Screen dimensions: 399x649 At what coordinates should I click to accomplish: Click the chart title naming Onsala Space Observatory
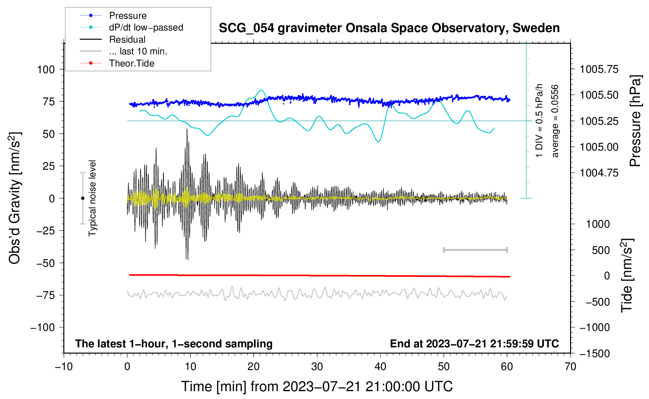389,28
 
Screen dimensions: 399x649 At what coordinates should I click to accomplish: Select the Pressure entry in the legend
127,16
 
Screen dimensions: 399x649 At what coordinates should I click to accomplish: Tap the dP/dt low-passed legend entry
146,27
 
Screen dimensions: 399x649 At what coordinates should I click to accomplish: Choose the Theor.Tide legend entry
131,63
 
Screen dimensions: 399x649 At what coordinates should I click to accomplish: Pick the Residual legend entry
127,40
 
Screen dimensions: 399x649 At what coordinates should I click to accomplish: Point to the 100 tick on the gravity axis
46,70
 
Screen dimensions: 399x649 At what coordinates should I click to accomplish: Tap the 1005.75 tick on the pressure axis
599,70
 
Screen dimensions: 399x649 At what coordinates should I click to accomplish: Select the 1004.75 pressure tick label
599,173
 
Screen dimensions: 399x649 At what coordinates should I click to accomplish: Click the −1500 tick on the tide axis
594,354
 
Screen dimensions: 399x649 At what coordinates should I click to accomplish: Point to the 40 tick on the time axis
380,367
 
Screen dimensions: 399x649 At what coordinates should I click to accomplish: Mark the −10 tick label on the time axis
63,367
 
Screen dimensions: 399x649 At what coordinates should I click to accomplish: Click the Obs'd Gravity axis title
14,198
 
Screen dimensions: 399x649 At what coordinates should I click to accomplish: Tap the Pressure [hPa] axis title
636,121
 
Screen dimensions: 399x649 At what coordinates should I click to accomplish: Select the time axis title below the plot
317,386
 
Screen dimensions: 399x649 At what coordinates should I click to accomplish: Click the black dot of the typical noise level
82,198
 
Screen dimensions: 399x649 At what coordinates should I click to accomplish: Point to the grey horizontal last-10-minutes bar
475,250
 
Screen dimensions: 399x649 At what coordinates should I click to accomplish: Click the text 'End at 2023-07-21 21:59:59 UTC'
474,344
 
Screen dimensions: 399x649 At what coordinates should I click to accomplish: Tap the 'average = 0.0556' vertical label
555,121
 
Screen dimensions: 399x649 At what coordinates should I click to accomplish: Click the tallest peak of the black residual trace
187,129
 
